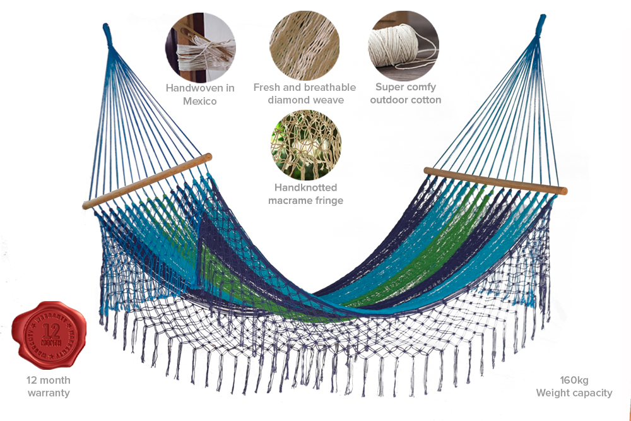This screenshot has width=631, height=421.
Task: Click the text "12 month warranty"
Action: [49, 386]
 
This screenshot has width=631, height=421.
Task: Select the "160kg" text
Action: [574, 380]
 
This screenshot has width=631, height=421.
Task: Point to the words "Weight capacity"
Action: [574, 393]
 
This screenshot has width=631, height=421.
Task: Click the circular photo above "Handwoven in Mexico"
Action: [200, 45]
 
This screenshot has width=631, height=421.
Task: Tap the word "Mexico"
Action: [200, 101]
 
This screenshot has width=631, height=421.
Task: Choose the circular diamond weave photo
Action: [304, 45]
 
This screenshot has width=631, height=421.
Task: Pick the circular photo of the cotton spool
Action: [404, 45]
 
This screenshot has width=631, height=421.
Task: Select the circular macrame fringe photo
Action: [305, 145]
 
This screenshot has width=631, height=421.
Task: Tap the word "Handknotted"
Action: [305, 187]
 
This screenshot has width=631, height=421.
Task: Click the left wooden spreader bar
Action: [146, 181]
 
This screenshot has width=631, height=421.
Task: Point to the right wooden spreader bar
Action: [495, 181]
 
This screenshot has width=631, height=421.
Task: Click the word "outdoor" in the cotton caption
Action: [390, 100]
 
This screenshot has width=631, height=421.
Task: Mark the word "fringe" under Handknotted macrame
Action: [328, 200]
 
